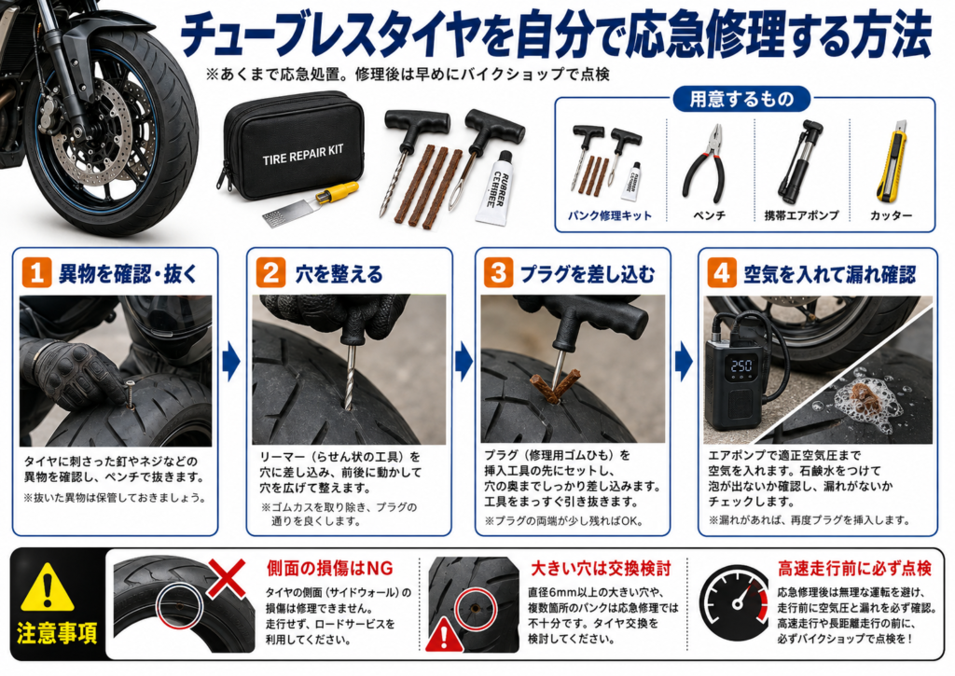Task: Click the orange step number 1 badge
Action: click(x=36, y=272)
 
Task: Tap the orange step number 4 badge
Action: click(x=722, y=272)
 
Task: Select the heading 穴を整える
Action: click(x=339, y=273)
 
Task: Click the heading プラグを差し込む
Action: click(x=588, y=273)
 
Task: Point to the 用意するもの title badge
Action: click(x=741, y=99)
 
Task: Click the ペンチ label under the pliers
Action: click(x=710, y=215)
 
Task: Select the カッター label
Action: click(x=891, y=215)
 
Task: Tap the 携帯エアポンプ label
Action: click(x=801, y=215)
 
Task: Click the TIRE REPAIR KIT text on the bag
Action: click(x=303, y=155)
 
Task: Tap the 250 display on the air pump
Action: click(x=741, y=366)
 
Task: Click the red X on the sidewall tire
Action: click(x=227, y=578)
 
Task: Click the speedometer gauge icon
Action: click(x=734, y=603)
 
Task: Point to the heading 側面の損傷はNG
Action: click(x=329, y=568)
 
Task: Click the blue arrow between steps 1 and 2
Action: click(x=231, y=361)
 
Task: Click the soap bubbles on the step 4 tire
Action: click(x=860, y=396)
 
